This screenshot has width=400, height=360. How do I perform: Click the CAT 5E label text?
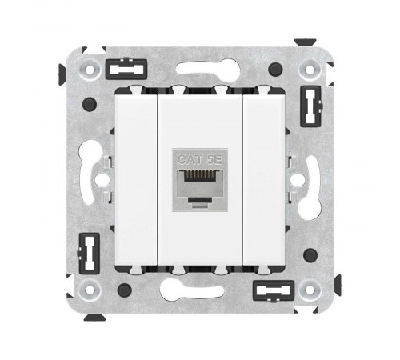click(x=199, y=160)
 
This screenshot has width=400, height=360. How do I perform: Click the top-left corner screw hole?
click(x=90, y=70)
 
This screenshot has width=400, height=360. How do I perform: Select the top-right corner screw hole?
click(x=310, y=70)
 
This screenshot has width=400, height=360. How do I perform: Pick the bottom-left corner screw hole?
click(x=90, y=290)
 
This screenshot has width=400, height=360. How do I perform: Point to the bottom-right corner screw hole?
click(x=310, y=290)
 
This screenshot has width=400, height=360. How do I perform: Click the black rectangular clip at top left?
click(x=126, y=70)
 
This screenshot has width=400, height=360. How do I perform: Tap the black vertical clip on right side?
click(x=311, y=106)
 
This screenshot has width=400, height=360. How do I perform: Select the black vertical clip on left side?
click(x=89, y=254)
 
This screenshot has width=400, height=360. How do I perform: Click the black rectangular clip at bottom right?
click(x=274, y=291)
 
